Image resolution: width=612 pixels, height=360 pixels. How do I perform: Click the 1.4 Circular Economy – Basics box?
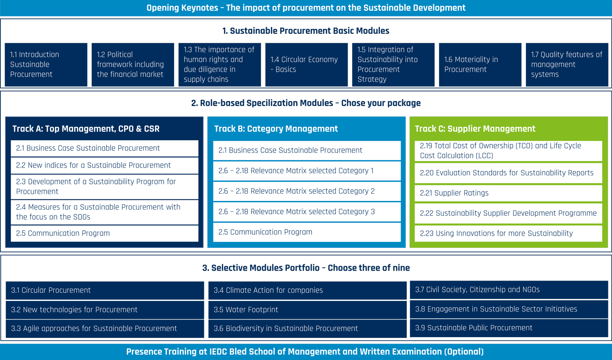(306, 65)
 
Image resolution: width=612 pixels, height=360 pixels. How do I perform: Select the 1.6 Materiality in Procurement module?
(480, 65)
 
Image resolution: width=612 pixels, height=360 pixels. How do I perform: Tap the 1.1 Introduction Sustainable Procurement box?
(46, 65)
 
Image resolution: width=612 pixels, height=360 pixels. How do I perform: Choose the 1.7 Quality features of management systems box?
(567, 65)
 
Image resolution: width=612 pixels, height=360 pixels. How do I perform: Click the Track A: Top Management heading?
(86, 129)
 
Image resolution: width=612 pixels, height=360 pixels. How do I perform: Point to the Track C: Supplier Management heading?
(475, 129)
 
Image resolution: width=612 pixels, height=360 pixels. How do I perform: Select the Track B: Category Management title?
(276, 129)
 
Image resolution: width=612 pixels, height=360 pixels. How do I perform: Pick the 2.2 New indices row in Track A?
(104, 166)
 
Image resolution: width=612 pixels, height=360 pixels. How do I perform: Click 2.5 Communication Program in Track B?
(307, 232)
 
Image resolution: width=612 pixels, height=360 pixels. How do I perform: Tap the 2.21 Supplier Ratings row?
(508, 193)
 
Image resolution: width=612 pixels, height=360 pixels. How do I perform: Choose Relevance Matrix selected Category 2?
(307, 191)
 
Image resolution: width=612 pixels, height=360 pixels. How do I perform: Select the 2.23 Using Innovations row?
(508, 233)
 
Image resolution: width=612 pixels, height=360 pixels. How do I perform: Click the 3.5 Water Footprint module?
(307, 310)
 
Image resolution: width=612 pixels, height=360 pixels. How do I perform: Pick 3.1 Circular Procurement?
(105, 290)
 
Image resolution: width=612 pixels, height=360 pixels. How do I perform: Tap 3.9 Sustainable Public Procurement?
(509, 328)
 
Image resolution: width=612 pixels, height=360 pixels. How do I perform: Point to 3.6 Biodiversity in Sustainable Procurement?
(307, 329)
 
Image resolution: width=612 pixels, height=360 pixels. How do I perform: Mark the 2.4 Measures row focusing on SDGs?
(104, 212)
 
